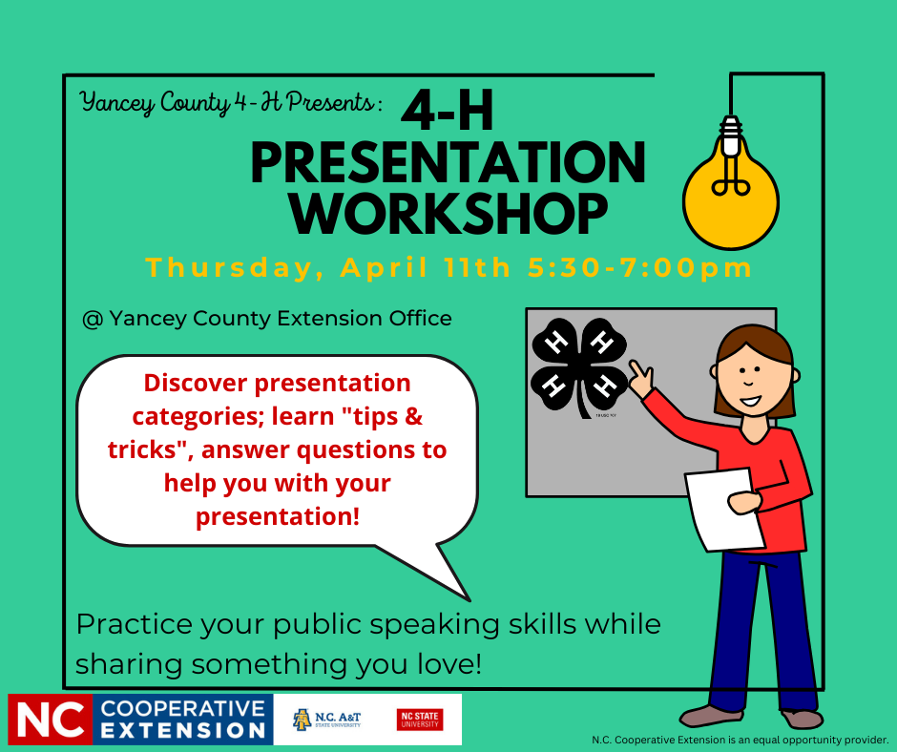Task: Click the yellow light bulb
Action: pos(731,189)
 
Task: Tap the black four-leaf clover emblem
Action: pos(579,366)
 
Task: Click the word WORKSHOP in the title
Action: pos(449,214)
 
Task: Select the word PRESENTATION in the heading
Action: pos(448,162)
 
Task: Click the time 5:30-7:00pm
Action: pos(639,268)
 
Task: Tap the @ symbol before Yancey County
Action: pos(93,319)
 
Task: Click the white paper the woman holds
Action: pos(724,510)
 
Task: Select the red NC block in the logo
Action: pos(50,720)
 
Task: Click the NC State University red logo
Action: pos(420,720)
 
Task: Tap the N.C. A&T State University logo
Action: pos(326,720)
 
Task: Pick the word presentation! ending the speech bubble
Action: pos(278,517)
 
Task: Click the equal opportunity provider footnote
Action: pos(740,740)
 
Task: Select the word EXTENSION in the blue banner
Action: pos(183,731)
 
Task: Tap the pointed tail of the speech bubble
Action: pos(469,600)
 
